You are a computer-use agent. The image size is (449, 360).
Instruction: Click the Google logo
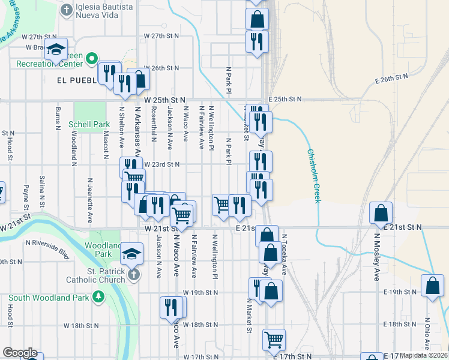(20, 353)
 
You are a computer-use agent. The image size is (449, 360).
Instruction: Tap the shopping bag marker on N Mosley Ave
(381, 214)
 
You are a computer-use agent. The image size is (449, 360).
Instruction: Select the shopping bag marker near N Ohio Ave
(432, 287)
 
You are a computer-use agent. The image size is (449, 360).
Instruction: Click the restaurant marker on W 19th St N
(172, 307)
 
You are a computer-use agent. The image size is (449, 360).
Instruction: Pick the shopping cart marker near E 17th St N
(274, 340)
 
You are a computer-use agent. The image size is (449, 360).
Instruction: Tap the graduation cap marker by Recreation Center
(56, 50)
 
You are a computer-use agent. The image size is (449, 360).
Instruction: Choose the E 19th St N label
(402, 292)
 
